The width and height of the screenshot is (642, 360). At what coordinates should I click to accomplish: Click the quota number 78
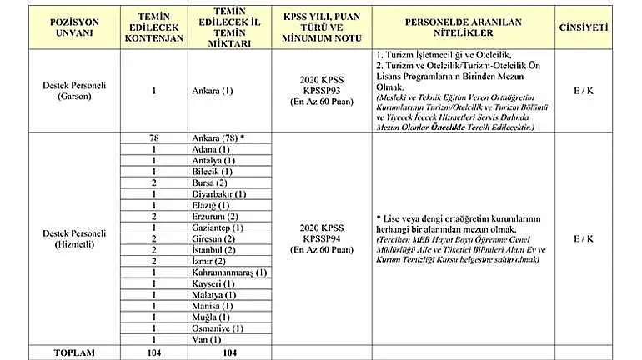pyautogui.click(x=154, y=137)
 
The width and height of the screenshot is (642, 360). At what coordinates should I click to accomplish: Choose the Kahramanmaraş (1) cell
pyautogui.click(x=228, y=272)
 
